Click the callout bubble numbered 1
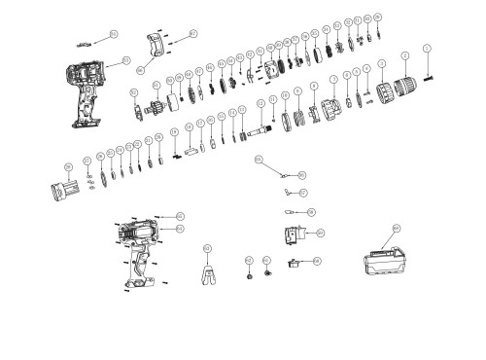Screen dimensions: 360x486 [427, 49]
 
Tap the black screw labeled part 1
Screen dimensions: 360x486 [426, 74]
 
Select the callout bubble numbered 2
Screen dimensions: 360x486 [405, 60]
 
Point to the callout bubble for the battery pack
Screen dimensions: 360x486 [397, 228]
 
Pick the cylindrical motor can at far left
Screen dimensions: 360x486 [66, 188]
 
